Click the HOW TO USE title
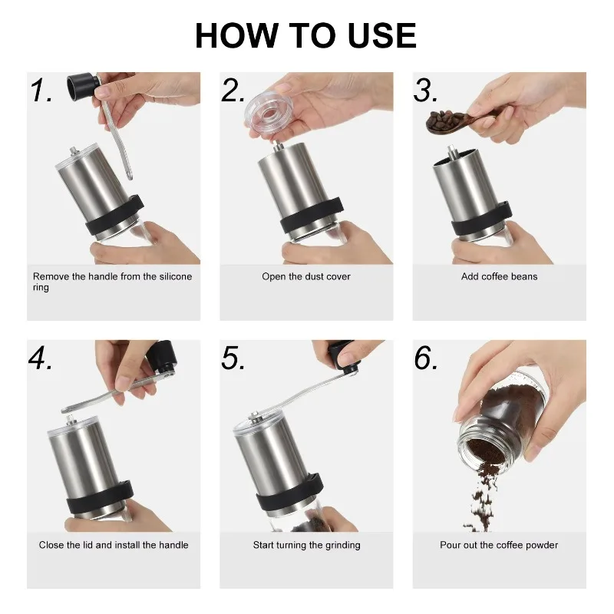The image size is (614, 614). pyautogui.click(x=305, y=35)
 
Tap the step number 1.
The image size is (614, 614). pyautogui.click(x=42, y=91)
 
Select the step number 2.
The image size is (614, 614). pyautogui.click(x=233, y=91)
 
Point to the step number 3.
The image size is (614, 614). pyautogui.click(x=425, y=91)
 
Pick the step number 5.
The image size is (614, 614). pyautogui.click(x=233, y=358)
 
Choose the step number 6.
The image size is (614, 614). pyautogui.click(x=426, y=358)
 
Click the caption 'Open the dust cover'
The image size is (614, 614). pyautogui.click(x=306, y=276)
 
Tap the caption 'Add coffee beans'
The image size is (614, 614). pyautogui.click(x=499, y=276)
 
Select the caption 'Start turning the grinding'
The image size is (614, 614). pyautogui.click(x=306, y=545)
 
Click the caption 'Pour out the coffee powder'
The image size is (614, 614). pyautogui.click(x=499, y=545)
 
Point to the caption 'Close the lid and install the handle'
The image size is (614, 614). pyautogui.click(x=114, y=545)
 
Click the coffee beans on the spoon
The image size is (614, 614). pyautogui.click(x=444, y=119)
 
